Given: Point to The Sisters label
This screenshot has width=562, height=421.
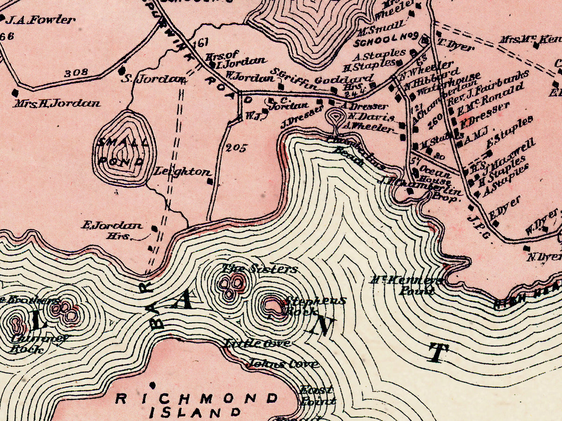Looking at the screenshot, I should (259, 269).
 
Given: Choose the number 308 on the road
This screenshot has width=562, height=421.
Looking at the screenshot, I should (76, 73).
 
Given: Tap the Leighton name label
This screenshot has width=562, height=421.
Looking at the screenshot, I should (182, 172).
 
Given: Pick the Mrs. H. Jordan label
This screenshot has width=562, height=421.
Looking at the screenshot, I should (57, 103).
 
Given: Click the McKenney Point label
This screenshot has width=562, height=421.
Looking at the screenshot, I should (407, 286).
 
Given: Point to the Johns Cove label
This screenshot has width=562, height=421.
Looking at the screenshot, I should (283, 363).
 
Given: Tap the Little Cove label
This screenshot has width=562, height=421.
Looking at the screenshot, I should (256, 343).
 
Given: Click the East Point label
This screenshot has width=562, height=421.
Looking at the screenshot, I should (318, 395).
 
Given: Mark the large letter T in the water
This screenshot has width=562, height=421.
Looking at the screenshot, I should (436, 353).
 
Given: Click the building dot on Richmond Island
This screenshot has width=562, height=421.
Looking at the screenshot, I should (152, 385).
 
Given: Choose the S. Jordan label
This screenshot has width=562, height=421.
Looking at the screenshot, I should (153, 80).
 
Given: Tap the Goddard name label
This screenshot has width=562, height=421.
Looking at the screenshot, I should (344, 79).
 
